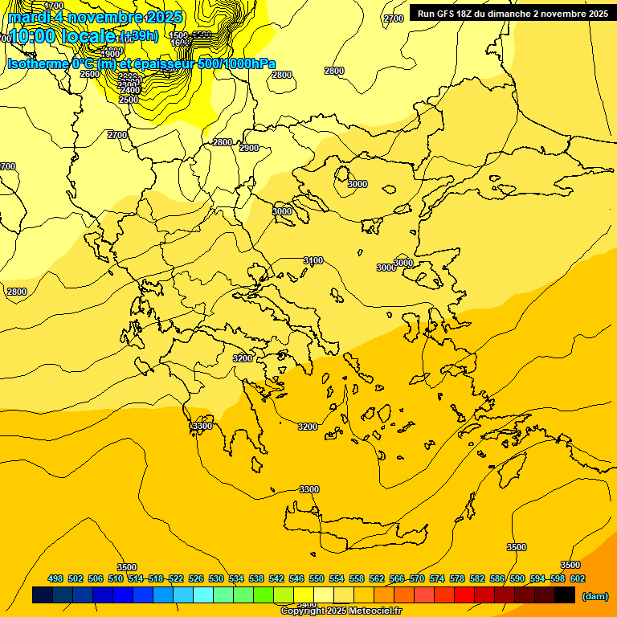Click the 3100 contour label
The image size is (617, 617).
(x=313, y=260)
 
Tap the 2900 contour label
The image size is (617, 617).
(x=249, y=148)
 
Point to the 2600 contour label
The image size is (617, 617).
(x=90, y=74)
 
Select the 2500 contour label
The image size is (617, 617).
(x=129, y=100)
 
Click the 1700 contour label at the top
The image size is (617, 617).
(x=54, y=6)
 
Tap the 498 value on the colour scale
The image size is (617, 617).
(x=55, y=578)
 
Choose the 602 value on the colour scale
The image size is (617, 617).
(x=578, y=578)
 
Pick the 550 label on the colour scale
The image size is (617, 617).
(x=317, y=578)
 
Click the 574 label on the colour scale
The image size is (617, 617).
(x=437, y=578)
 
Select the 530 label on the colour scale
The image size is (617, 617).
(x=216, y=578)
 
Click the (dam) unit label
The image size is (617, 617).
(x=595, y=595)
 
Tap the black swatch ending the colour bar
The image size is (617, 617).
(x=565, y=595)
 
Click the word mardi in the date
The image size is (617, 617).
(x=30, y=17)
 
